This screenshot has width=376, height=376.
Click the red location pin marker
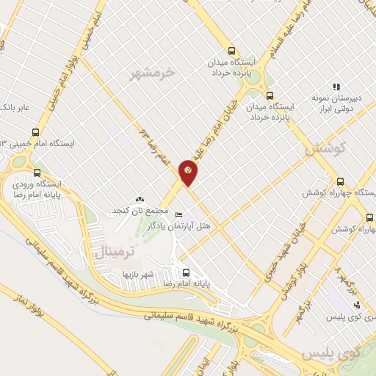point(189,172)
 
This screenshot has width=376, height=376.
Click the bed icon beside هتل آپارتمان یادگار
point(179,214)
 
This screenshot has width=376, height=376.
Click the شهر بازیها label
point(139,273)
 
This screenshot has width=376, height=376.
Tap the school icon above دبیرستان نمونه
point(337,87)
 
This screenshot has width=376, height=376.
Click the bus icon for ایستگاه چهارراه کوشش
point(339,181)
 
